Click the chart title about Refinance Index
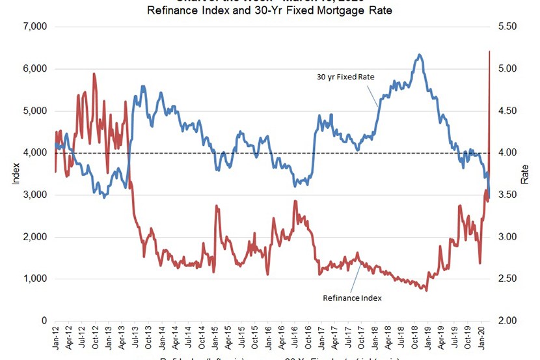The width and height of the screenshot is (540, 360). (x=270, y=10)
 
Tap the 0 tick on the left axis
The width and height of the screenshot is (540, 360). (x=43, y=321)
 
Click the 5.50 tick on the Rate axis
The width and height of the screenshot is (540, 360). (x=506, y=27)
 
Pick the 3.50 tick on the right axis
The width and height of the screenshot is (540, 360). (x=506, y=195)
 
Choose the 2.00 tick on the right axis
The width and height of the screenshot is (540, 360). (x=506, y=321)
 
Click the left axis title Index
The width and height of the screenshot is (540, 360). (x=16, y=174)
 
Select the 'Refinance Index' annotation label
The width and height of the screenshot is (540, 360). (x=352, y=298)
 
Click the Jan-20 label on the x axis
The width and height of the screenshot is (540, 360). (x=483, y=338)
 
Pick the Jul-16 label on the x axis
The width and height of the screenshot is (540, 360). (x=296, y=338)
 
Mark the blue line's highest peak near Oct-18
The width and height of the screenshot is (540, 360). (x=420, y=55)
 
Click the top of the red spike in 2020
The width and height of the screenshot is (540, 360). (x=489, y=51)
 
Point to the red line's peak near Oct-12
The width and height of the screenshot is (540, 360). (x=94, y=74)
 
